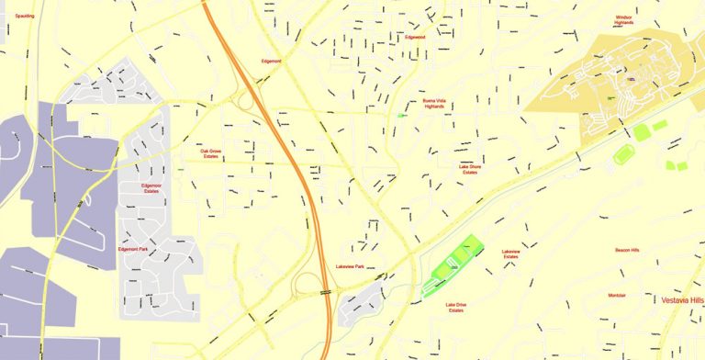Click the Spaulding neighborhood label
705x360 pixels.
click(13, 16)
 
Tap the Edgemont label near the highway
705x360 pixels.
click(271, 62)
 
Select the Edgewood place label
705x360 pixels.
click(415, 38)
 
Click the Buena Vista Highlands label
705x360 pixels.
click(433, 104)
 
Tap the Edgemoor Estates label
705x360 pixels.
click(151, 188)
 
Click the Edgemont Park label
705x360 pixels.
click(134, 249)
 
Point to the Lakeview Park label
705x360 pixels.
click(350, 266)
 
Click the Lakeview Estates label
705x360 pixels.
click(510, 253)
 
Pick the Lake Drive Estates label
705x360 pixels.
click(456, 308)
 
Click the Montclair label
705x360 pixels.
click(617, 295)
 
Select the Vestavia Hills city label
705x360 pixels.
click(682, 300)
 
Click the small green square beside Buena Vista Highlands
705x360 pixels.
click(402, 116)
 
